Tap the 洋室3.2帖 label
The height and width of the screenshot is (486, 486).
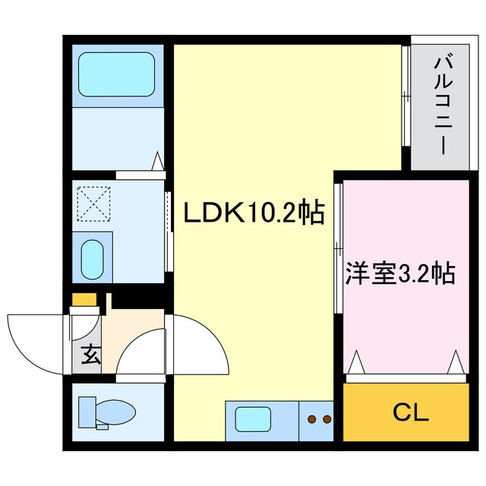[x=399, y=272]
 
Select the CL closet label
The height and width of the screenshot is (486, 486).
[x=411, y=413]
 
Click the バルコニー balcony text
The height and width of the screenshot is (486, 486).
[x=440, y=106]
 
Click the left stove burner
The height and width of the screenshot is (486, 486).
[x=311, y=418]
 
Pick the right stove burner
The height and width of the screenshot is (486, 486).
[x=327, y=418]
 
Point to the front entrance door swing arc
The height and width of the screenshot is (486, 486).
[x=34, y=342]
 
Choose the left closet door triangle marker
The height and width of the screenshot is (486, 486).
[x=356, y=363]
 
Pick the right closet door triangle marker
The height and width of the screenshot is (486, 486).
[x=456, y=363]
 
